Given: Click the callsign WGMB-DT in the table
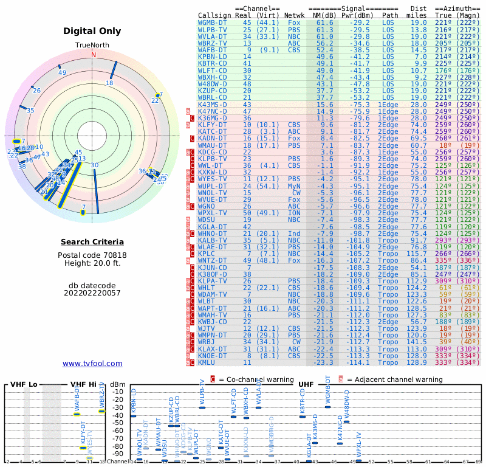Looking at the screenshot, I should pos(212,22).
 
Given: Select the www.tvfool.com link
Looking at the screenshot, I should pos(92,364).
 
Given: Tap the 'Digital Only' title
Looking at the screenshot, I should pos(92,31).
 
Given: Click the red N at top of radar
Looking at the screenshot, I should pos(94,54).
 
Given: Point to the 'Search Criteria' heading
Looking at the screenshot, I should pos(92,242).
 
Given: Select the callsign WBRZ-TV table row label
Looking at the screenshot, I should pos(212,44).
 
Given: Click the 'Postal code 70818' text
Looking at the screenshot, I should pos(92,255).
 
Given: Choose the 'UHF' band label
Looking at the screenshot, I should pos(306,384).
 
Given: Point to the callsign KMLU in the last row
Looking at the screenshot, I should pos(208,362).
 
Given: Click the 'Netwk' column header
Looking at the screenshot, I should pos(294,15).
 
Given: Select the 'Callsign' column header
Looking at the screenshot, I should pos(214,15).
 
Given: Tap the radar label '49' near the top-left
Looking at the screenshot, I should pos(62,73).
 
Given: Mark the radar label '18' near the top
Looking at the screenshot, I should pos(109,83).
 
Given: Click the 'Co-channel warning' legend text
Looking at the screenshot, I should pos(251,379).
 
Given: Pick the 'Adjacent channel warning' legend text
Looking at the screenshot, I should pos(395,379).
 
